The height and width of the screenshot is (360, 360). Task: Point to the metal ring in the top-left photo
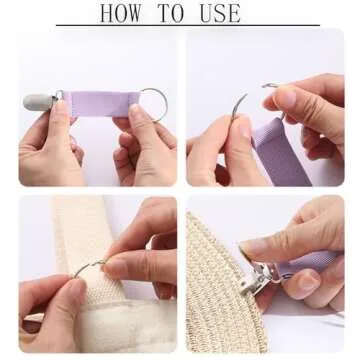click(x=153, y=104)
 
